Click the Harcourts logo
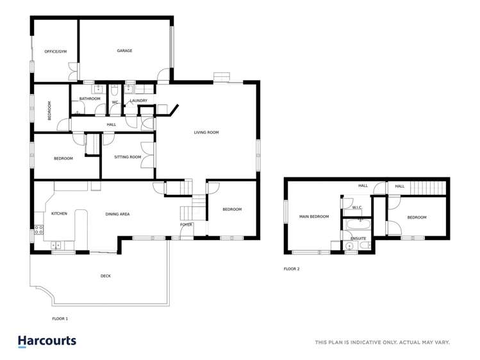(47, 341)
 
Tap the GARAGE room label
(124, 51)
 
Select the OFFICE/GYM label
(55, 51)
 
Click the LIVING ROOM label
(206, 133)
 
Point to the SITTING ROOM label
(128, 157)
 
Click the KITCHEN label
(59, 213)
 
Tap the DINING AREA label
(118, 213)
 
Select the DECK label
(105, 276)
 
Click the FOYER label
(186, 225)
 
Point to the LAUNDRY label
(138, 101)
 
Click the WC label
(115, 102)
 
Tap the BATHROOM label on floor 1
(90, 99)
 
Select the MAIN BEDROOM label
(314, 217)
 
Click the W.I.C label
(357, 207)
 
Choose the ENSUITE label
(358, 238)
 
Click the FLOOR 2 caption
(292, 269)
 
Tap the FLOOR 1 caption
(60, 318)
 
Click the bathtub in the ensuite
(356, 225)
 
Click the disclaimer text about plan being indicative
(382, 342)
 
